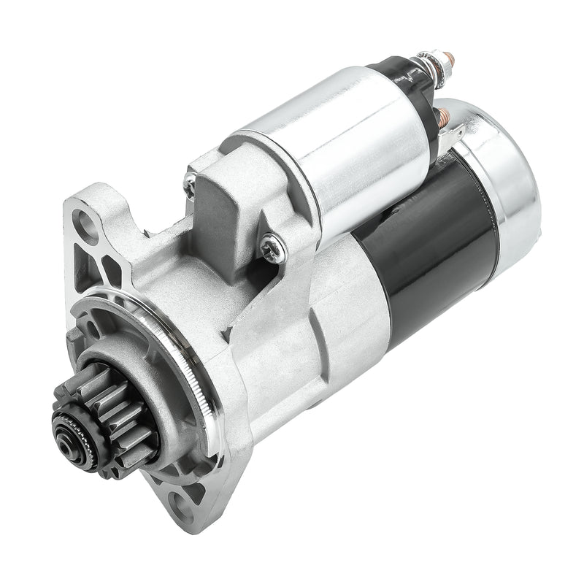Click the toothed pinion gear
pos(117,409)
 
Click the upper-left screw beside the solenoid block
pos(191,178)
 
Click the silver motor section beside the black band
pos(350,307)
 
